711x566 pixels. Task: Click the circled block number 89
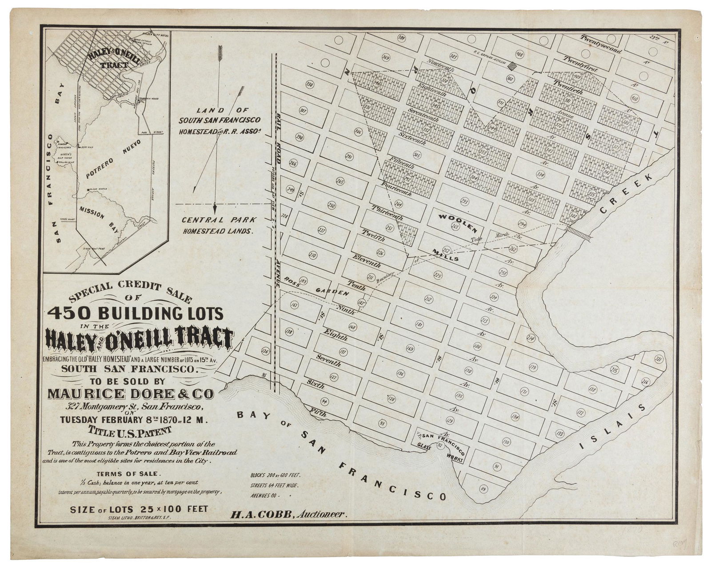[x=483, y=489]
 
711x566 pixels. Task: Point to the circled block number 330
[x=309, y=84]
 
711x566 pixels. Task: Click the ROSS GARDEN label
[x=318, y=286]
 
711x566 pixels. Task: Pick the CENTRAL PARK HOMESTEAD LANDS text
[x=218, y=225]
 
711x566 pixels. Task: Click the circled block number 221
[x=659, y=359]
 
